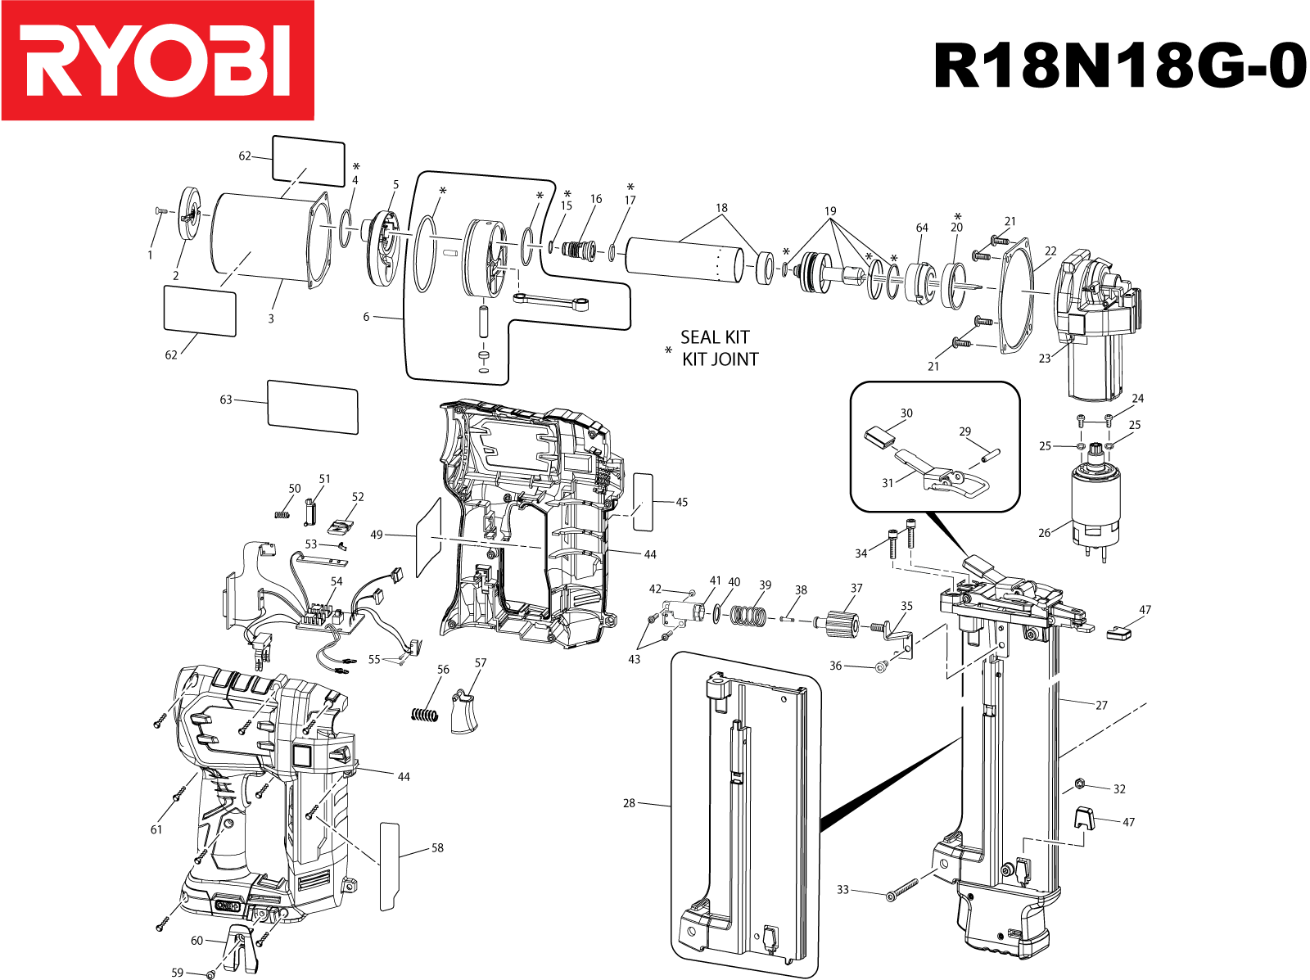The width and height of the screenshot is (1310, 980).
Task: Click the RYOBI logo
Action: pyautogui.click(x=157, y=61)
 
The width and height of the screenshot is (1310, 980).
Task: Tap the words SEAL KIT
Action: pyautogui.click(x=714, y=337)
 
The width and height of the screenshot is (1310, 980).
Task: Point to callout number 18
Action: pyautogui.click(x=720, y=208)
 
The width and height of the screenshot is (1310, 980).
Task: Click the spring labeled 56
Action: pyautogui.click(x=423, y=714)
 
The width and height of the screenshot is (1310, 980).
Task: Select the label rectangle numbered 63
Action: pyautogui.click(x=312, y=406)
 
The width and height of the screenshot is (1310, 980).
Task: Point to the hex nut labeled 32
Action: pyautogui.click(x=1079, y=784)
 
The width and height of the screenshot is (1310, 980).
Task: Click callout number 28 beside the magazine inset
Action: pyautogui.click(x=629, y=803)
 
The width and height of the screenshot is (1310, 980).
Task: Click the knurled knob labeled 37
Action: pyautogui.click(x=841, y=625)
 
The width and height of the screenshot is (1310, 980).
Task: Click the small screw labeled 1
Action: pyautogui.click(x=160, y=211)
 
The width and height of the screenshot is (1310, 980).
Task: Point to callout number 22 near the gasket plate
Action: pyautogui.click(x=1050, y=251)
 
